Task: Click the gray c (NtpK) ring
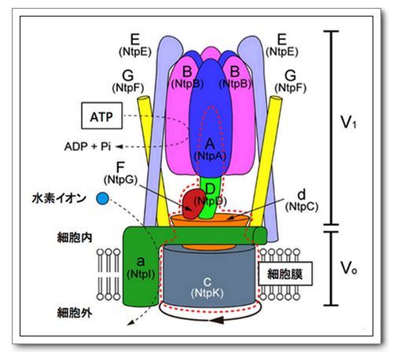206,283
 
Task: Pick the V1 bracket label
347,125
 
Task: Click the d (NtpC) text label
302,200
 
